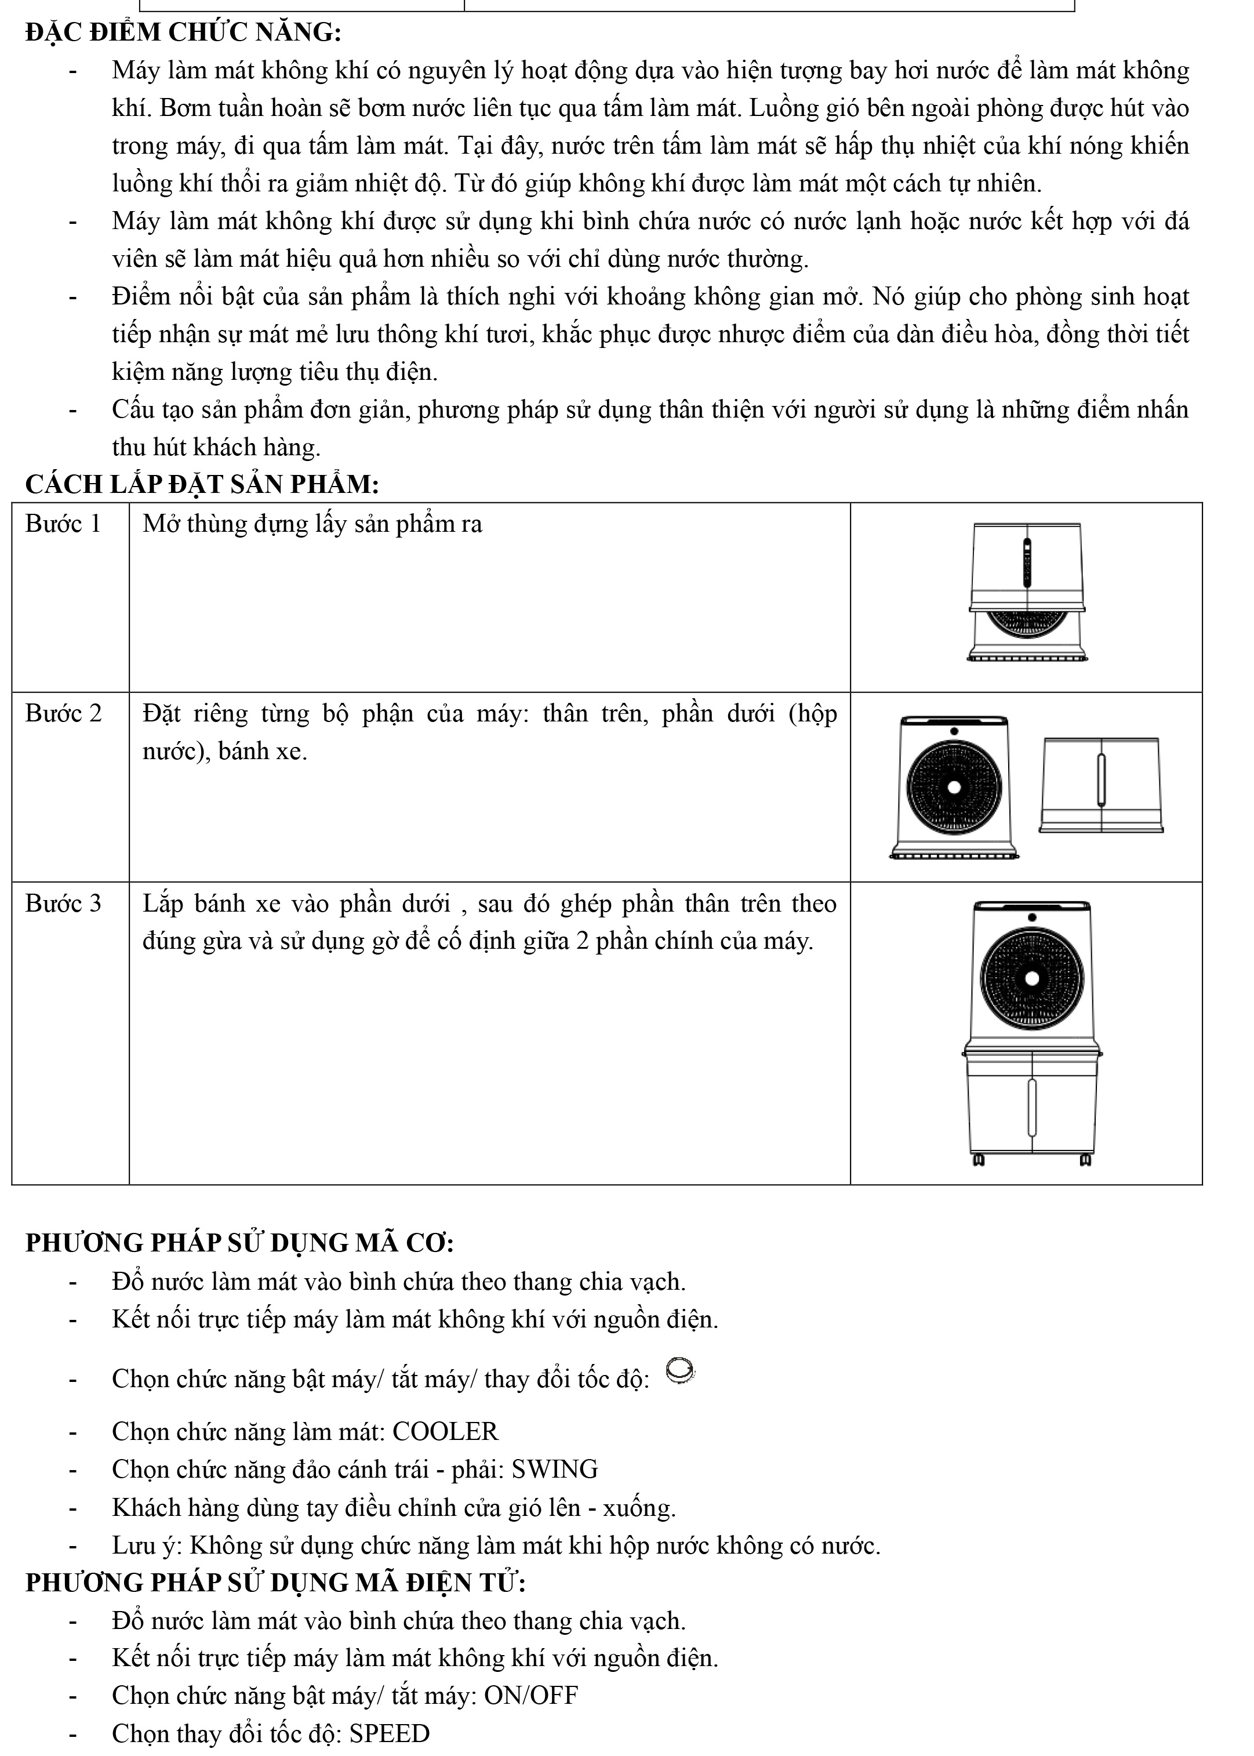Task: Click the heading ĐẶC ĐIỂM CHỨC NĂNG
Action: pos(183,33)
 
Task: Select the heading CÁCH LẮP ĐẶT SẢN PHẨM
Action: pos(202,485)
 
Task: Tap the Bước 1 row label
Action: pos(63,524)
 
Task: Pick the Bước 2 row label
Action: pos(63,713)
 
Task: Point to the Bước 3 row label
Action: pos(63,904)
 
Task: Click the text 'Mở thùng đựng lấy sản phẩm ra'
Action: pos(312,524)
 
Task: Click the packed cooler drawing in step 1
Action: pos(1027,592)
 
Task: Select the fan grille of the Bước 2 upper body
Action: pos(954,787)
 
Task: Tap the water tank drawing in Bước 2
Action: pos(1101,785)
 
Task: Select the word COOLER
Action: pos(446,1432)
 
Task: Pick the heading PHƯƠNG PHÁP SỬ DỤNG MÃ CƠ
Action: pos(239,1243)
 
